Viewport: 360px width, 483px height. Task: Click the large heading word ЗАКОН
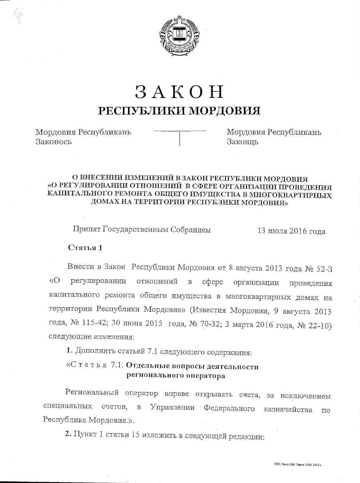(179, 92)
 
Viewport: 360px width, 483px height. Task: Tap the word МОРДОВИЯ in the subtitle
(224, 111)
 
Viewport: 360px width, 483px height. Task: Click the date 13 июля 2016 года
(291, 231)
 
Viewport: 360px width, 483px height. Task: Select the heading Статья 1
(85, 248)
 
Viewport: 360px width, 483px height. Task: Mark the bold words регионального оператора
(175, 376)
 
